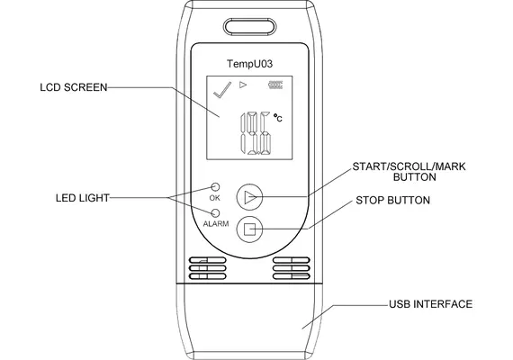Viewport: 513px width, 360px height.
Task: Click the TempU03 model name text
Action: [x=249, y=64]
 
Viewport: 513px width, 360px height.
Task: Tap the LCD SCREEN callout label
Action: [x=74, y=87]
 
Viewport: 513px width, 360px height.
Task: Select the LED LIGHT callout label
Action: [x=83, y=198]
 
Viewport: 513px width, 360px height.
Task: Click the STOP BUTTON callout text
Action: [x=392, y=201]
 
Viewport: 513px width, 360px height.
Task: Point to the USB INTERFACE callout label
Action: [x=430, y=304]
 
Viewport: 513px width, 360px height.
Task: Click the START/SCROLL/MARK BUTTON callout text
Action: [x=409, y=172]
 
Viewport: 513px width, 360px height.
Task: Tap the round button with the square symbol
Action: [x=249, y=229]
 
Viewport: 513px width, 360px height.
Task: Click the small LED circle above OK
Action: [x=215, y=187]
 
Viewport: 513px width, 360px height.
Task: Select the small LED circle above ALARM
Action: [x=215, y=213]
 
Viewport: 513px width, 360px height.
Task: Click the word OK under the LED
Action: [x=214, y=198]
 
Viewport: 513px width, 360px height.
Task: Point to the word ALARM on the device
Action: [x=216, y=224]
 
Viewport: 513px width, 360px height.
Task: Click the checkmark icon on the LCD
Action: [x=222, y=89]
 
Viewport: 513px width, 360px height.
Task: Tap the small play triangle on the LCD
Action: [x=243, y=85]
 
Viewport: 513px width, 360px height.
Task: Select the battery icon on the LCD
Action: [x=275, y=85]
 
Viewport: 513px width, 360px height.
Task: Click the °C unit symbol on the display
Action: [x=278, y=118]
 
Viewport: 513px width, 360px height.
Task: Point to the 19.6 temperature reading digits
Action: [x=256, y=133]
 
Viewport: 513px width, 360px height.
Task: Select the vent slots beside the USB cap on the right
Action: [x=292, y=268]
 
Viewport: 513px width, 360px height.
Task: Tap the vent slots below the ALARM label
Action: [x=207, y=268]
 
